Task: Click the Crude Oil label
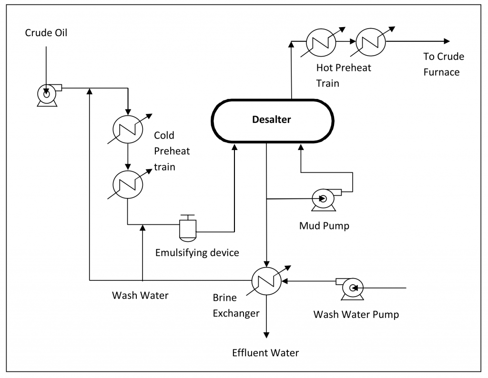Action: [x=46, y=33]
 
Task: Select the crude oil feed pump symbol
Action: [x=48, y=94]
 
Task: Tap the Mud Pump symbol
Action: [x=325, y=199]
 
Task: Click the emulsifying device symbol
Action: [x=188, y=228]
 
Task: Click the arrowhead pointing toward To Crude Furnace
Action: [x=447, y=41]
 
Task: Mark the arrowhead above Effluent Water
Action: [x=266, y=335]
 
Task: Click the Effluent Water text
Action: [x=265, y=353]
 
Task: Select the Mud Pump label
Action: [x=324, y=226]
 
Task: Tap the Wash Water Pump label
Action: [x=356, y=315]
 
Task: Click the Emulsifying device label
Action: [x=197, y=252]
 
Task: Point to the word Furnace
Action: [x=441, y=72]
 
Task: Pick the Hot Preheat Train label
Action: [x=344, y=75]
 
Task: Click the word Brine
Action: [x=225, y=298]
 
